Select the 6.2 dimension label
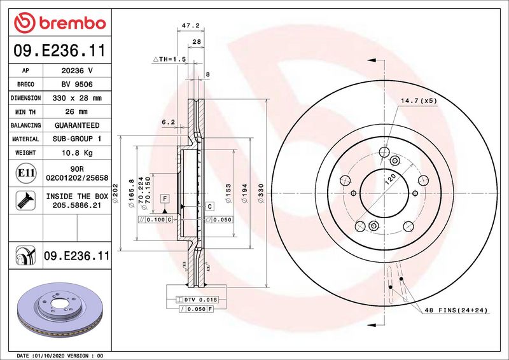[x=168, y=121]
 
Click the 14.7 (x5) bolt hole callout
[x=419, y=100]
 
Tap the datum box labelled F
[x=164, y=199]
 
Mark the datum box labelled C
[x=209, y=205]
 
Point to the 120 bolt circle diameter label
[x=389, y=181]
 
